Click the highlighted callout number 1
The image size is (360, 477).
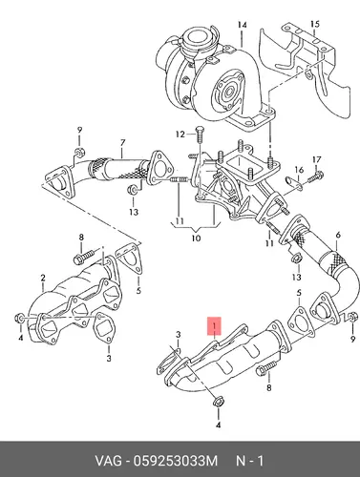pyautogui.click(x=215, y=326)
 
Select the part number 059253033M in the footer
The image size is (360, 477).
pyautogui.click(x=176, y=461)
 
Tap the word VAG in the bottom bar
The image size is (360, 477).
pyautogui.click(x=108, y=461)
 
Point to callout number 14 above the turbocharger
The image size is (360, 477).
pyautogui.click(x=243, y=25)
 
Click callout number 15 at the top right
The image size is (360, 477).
pyautogui.click(x=314, y=24)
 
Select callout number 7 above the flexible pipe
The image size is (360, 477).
pyautogui.click(x=122, y=143)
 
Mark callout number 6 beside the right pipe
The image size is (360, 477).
pyautogui.click(x=338, y=235)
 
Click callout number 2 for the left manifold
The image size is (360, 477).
pyautogui.click(x=43, y=278)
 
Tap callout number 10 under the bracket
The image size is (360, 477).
pyautogui.click(x=196, y=238)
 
